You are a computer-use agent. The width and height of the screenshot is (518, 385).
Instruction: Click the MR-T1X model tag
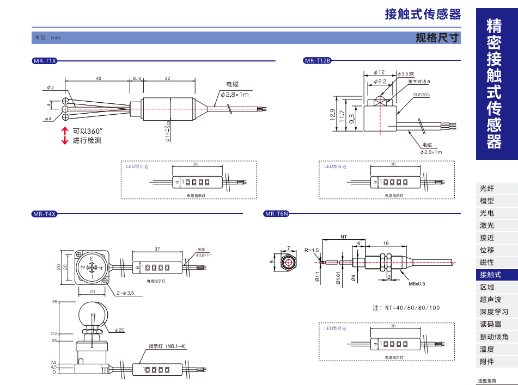(45, 61)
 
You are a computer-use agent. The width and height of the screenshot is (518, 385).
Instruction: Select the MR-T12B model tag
(317, 61)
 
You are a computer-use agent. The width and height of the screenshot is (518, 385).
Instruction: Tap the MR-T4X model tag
(45, 214)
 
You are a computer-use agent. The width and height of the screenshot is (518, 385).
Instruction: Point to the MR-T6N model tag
(277, 214)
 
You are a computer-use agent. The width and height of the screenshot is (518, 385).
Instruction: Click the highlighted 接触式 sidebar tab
(490, 275)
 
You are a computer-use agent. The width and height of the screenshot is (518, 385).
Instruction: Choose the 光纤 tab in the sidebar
(487, 189)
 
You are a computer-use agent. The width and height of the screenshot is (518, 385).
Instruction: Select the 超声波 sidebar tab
(490, 300)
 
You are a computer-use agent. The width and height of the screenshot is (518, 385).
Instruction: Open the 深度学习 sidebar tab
(494, 312)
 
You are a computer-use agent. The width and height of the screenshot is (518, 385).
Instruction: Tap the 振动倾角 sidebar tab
(494, 337)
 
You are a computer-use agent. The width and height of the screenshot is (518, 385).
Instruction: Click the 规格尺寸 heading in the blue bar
(437, 38)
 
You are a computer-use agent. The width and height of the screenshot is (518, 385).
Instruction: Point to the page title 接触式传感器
(423, 14)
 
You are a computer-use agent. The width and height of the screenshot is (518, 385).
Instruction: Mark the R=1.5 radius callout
(312, 250)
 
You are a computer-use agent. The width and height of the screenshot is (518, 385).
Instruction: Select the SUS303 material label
(421, 95)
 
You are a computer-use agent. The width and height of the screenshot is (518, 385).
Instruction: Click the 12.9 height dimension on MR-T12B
(333, 115)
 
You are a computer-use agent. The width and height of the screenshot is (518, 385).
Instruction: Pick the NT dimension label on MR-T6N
(344, 237)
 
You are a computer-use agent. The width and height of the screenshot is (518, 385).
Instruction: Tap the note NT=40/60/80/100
(406, 308)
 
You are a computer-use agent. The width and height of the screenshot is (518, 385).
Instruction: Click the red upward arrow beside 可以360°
(65, 131)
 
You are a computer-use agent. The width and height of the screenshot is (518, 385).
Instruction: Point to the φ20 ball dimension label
(120, 330)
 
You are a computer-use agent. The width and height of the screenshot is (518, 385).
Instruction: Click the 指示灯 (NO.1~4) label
(167, 346)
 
